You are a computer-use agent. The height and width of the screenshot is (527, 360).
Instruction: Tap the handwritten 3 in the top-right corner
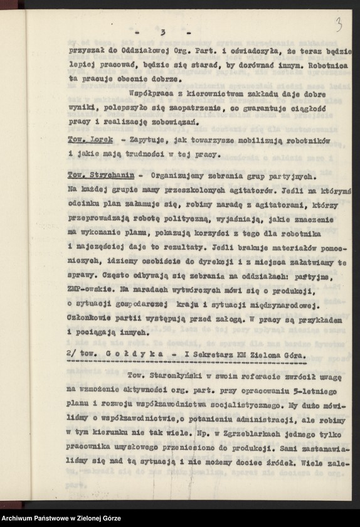point(339,25)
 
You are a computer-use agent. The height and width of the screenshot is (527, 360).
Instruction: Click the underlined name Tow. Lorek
point(88,137)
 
